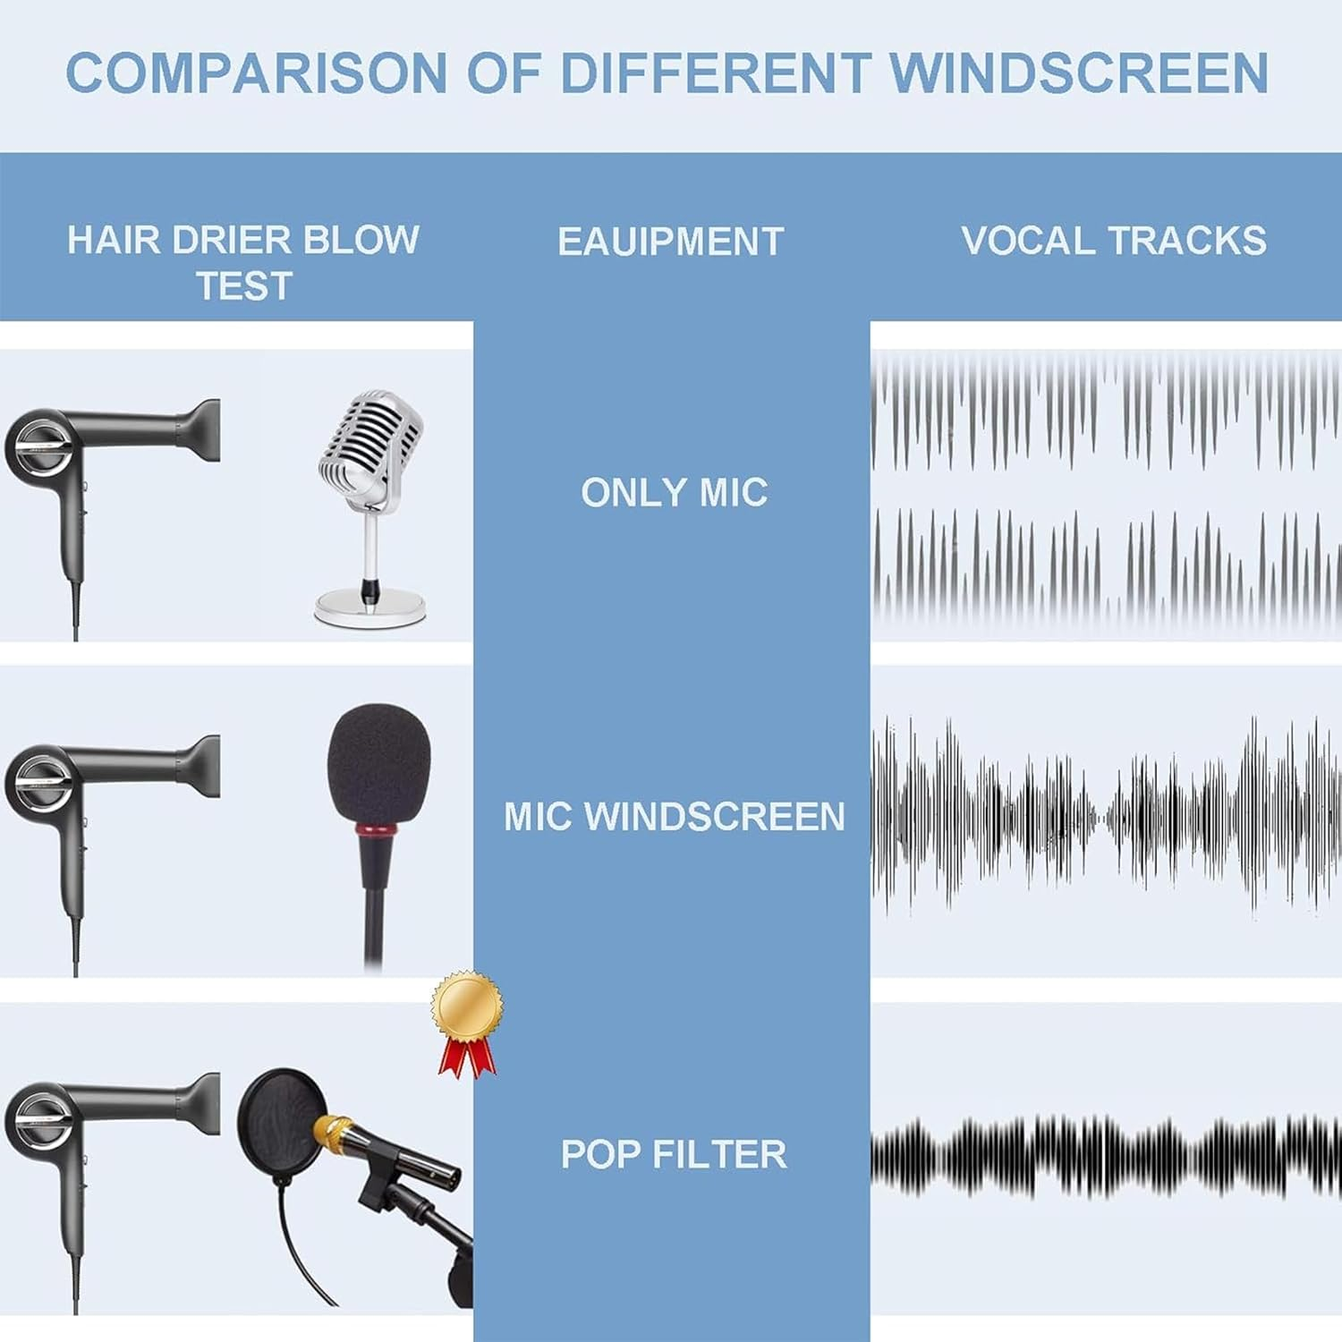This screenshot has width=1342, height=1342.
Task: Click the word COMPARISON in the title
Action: (x=256, y=73)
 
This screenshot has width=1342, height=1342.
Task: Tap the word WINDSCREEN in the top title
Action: (x=1078, y=73)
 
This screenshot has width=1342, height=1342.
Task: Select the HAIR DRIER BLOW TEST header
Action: (x=243, y=262)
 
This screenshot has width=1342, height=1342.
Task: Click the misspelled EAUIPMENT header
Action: (x=671, y=242)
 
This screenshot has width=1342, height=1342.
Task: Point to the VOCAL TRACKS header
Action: (x=1113, y=241)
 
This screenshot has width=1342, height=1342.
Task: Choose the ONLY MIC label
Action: (x=674, y=493)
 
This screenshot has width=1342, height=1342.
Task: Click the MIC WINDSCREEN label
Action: (x=674, y=817)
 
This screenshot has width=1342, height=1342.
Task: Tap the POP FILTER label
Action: (x=674, y=1154)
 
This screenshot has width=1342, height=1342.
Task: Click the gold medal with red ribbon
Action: (x=466, y=1011)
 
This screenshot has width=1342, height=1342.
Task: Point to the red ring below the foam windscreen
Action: (x=376, y=831)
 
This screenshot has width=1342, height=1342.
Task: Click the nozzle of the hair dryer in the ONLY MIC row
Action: (x=204, y=430)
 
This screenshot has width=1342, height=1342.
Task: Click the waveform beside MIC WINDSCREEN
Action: (x=1105, y=816)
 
